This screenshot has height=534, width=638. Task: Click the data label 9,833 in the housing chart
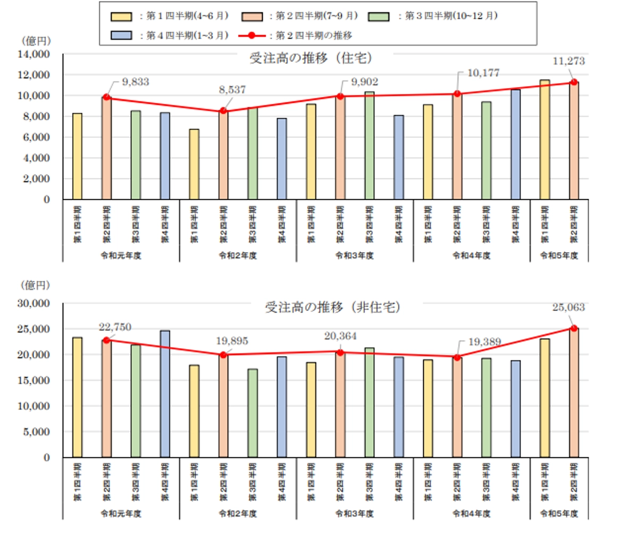click(135, 82)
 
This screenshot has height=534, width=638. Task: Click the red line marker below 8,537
click(223, 111)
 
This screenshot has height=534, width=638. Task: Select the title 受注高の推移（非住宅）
click(333, 307)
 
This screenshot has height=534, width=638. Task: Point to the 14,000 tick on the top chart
click(34, 54)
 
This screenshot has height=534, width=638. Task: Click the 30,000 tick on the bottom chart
click(34, 303)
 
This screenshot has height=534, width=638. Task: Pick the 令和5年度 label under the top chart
click(559, 255)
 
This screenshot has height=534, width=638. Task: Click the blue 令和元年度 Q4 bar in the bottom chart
click(164, 394)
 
